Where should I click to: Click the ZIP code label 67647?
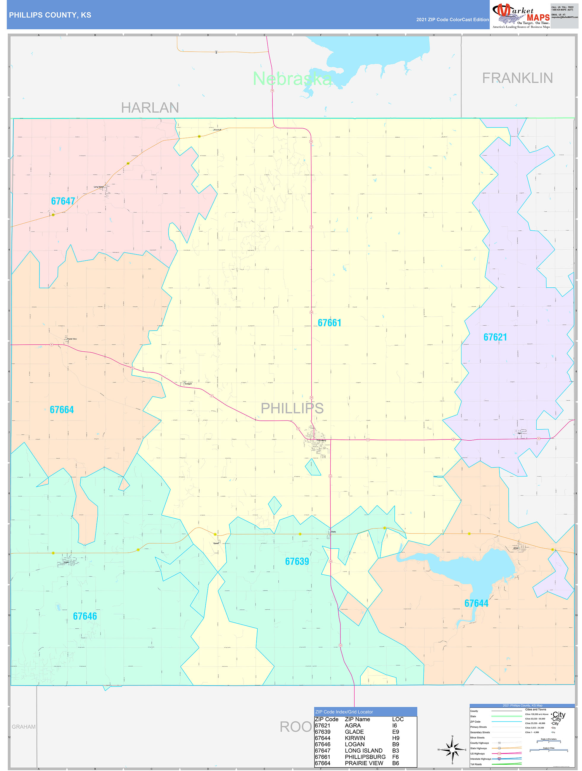[63, 201]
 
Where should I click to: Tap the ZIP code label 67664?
[62, 410]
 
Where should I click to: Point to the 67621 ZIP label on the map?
[495, 337]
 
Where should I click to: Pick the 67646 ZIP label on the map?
[85, 616]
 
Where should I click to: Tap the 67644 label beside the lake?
[476, 603]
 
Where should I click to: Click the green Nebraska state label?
[292, 79]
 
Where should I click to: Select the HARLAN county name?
[150, 108]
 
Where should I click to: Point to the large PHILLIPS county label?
[292, 408]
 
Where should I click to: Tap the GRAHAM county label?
[24, 727]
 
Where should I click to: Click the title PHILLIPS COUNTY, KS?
[50, 15]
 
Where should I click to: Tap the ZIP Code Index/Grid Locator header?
[344, 712]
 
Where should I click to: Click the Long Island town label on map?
[99, 187]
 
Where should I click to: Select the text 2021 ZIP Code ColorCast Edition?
[452, 20]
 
